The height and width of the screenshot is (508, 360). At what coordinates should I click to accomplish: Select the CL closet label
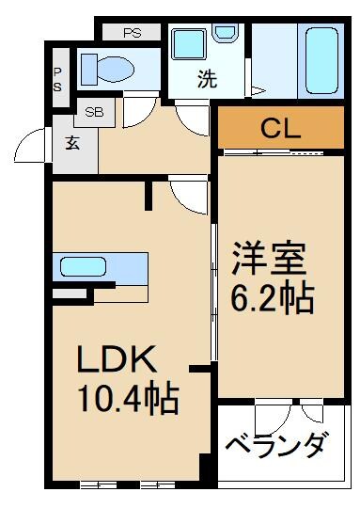279,127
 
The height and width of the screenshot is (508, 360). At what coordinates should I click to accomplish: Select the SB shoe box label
94,112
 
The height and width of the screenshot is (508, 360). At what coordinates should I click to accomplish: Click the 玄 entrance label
72,143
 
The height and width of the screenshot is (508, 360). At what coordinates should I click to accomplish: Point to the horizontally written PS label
132,33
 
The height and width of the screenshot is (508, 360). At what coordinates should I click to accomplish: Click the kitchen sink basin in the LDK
84,266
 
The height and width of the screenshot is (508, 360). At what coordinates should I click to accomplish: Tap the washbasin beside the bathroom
226,35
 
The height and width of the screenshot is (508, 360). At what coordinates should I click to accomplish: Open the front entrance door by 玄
34,149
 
